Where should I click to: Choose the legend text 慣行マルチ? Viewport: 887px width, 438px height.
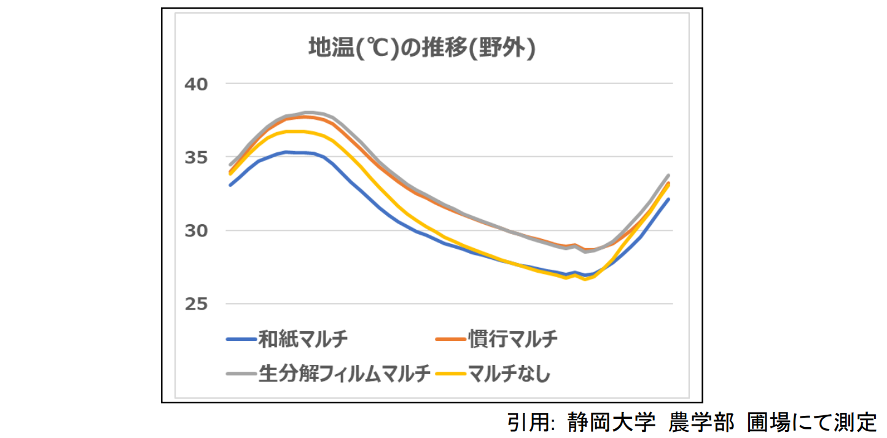[x=512, y=338]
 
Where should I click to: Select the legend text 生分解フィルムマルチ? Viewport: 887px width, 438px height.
[x=344, y=373]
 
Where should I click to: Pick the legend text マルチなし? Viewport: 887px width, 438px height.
[x=509, y=373]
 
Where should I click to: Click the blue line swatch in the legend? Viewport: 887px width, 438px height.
[x=241, y=339]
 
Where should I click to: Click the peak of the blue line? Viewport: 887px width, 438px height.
[x=286, y=152]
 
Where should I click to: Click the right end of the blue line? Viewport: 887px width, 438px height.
[x=668, y=199]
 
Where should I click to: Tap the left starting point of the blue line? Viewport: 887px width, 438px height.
[x=230, y=185]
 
